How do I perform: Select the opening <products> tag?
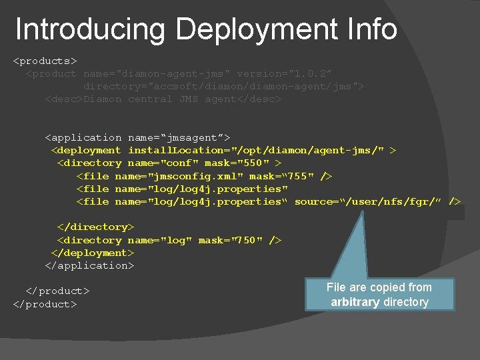tap(45, 61)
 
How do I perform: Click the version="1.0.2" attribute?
tap(285, 73)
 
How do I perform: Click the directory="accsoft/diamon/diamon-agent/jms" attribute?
tap(223, 86)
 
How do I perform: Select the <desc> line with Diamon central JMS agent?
tap(163, 99)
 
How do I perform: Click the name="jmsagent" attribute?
tap(179, 137)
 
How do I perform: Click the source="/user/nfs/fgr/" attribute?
tap(368, 201)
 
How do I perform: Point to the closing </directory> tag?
tap(96, 227)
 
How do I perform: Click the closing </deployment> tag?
tap(93, 253)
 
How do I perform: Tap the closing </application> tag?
tap(89, 265)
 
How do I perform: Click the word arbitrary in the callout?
tap(355, 302)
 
